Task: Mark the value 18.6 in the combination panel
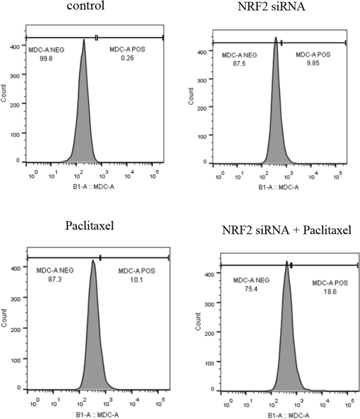coord(324,290)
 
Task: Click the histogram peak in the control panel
coord(84,40)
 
